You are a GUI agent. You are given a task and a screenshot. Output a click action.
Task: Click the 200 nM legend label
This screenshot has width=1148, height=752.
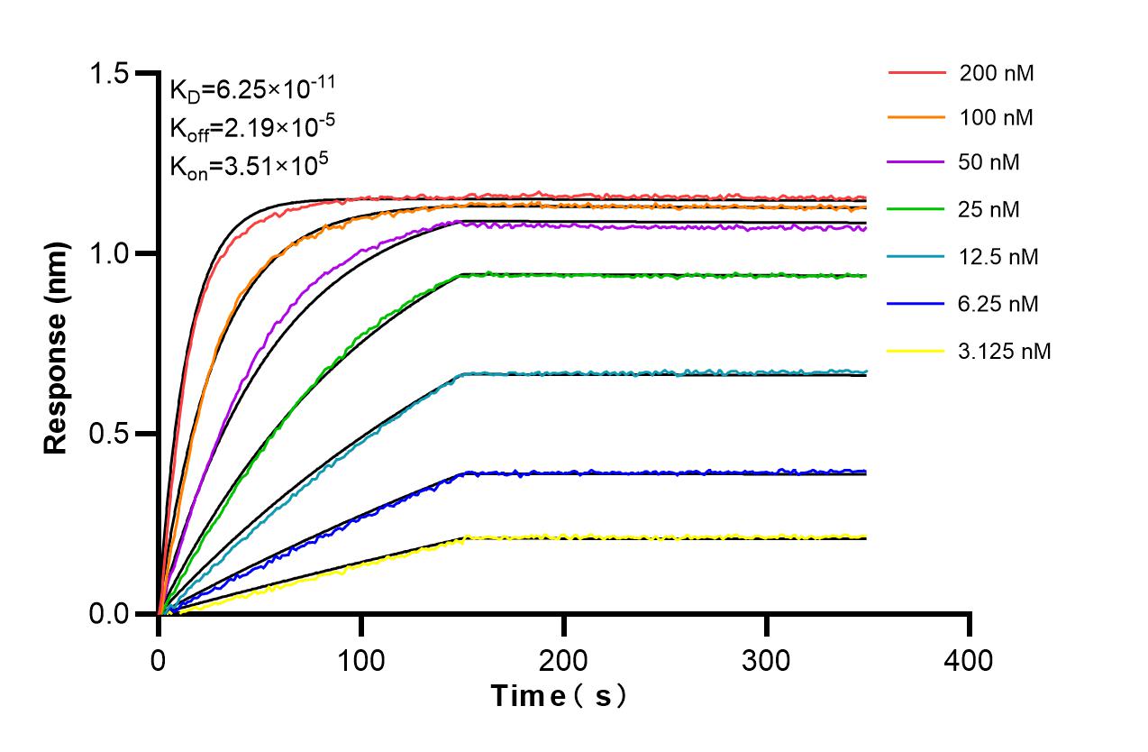tap(997, 74)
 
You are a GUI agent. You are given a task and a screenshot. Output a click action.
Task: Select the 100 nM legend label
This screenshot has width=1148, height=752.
tap(997, 117)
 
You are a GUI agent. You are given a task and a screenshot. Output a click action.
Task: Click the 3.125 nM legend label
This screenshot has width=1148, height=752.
tap(1005, 351)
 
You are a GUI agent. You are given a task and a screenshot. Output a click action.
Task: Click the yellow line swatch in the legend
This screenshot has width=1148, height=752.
tap(917, 351)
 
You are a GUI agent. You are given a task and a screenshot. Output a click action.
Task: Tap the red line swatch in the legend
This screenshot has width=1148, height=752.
tap(917, 71)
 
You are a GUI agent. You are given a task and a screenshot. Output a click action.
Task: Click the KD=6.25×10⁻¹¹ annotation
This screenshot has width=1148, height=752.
tap(253, 88)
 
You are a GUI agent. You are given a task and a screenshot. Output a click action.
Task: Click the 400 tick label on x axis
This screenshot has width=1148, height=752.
tap(970, 661)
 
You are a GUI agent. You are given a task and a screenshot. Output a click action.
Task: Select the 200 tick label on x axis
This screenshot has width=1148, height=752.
tap(564, 661)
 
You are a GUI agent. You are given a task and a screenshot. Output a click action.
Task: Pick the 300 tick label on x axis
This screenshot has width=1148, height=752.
tap(767, 661)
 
